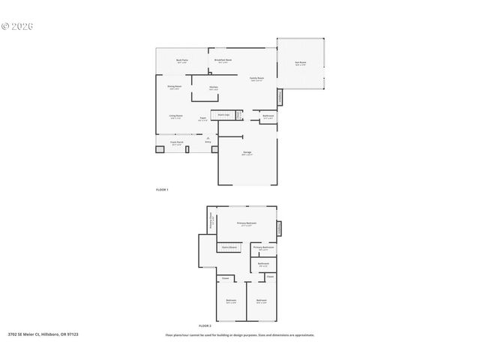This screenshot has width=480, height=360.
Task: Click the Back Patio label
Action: click(181, 61)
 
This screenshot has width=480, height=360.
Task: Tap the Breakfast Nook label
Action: click(223, 61)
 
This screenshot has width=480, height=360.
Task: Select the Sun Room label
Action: click(300, 64)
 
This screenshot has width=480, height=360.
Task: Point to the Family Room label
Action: click(257, 79)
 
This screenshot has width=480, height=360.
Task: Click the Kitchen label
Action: click(214, 88)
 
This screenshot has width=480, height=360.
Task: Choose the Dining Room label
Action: click(174, 88)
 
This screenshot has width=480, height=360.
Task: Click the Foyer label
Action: click(203, 118)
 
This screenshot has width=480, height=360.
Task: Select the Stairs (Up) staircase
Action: click(223, 115)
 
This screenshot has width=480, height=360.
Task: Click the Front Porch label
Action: click(176, 143)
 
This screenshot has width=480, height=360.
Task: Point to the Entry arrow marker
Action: click(206, 137)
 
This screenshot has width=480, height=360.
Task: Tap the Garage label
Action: click(247, 153)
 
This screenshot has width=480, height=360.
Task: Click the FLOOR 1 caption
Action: click(162, 190)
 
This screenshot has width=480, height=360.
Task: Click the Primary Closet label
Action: click(213, 221)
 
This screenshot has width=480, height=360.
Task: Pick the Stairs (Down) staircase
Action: click(229, 247)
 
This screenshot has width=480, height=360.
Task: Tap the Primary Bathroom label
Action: click(263, 247)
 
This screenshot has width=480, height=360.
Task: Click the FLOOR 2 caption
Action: click(205, 326)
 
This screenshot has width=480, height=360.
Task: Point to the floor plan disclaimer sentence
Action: click(240, 335)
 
